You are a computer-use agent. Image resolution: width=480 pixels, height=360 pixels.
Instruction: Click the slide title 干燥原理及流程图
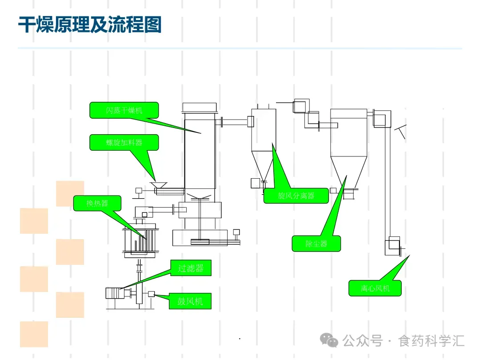click(x=89, y=24)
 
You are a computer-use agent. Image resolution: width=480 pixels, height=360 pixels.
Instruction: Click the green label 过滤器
click(x=191, y=268)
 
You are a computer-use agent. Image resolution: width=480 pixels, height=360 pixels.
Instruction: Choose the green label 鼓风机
click(x=190, y=301)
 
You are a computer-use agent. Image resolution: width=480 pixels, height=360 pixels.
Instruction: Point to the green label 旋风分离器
click(x=296, y=196)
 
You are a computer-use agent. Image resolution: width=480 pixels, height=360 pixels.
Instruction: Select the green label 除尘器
click(x=316, y=244)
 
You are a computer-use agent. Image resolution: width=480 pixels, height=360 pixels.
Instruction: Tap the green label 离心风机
click(x=375, y=288)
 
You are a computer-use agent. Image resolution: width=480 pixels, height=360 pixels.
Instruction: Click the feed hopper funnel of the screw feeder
click(x=158, y=184)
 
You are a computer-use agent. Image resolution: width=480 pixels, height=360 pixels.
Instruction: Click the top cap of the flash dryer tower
click(x=200, y=108)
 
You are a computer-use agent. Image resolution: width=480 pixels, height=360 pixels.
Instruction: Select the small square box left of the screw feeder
click(x=139, y=191)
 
